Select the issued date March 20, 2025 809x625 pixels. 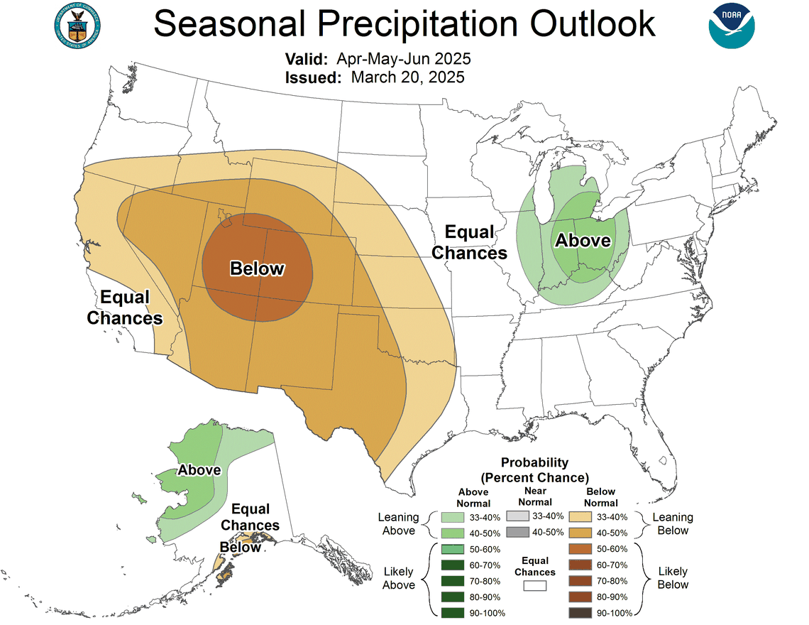coord(407,77)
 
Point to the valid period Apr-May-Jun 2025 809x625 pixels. coord(404,58)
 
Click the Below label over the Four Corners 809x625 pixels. coord(257,268)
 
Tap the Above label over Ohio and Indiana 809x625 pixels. coord(583,240)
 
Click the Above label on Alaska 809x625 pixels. coord(199,470)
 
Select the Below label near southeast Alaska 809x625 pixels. coord(240,547)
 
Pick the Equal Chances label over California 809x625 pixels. coord(125,307)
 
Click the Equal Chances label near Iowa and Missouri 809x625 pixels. coord(469,242)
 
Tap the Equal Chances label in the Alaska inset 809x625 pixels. coord(250,517)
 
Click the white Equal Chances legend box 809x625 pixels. coord(535,585)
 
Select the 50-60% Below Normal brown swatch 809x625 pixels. coord(580,549)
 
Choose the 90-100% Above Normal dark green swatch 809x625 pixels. coord(452,612)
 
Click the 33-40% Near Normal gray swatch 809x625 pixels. coord(517,516)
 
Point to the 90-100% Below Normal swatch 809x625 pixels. coord(580,612)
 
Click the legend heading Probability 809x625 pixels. coord(535,462)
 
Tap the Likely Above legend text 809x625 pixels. coord(399,577)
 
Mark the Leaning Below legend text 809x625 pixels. coord(673,523)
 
